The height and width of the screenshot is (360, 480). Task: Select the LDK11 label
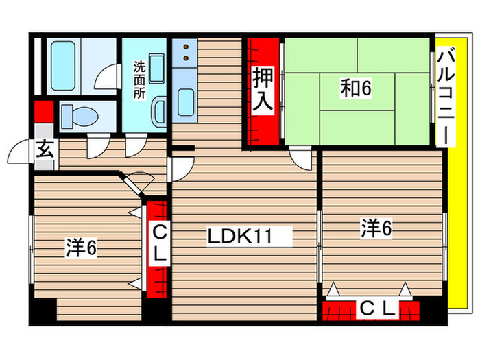tap(241, 237)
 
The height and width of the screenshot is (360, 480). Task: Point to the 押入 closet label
tap(263, 89)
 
